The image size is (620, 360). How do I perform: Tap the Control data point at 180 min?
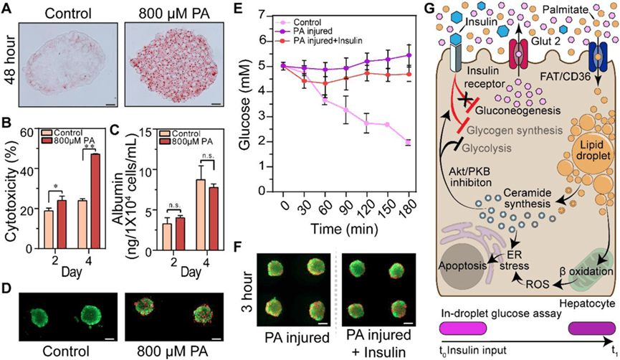407,142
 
